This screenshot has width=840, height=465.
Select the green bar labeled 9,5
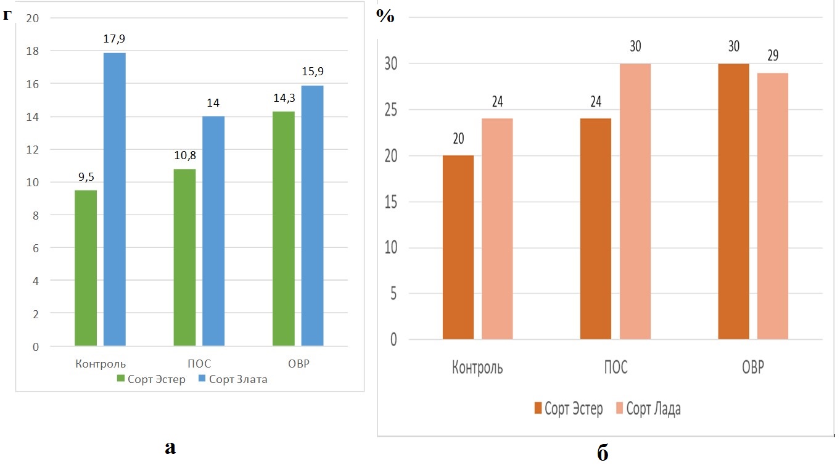[86, 268]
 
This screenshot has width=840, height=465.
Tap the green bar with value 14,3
[284, 228]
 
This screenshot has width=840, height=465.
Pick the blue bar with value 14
[213, 231]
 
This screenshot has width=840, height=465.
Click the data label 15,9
[313, 72]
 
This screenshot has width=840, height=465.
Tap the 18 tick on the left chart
[32, 51]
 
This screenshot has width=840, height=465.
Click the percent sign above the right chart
[385, 17]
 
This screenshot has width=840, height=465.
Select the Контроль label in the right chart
[477, 368]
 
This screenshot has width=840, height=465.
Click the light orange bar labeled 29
[773, 206]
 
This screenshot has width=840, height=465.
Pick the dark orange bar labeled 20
[458, 247]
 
